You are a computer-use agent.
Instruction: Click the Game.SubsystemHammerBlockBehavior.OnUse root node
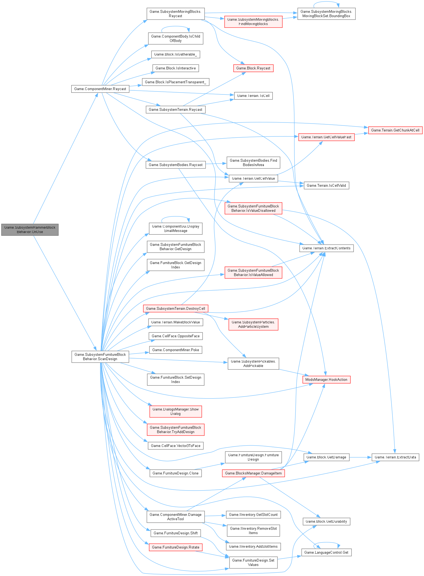[x=30, y=229]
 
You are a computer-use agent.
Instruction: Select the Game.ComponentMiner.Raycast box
[x=100, y=89]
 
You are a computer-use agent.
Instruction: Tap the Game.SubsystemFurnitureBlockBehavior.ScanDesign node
[x=100, y=357]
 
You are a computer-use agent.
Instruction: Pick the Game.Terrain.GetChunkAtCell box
[x=395, y=130]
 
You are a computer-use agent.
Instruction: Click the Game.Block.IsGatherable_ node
[x=175, y=54]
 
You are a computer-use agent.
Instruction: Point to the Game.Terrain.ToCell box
[x=253, y=96]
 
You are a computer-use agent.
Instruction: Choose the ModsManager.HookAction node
[x=326, y=380]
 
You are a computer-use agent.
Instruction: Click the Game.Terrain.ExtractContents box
[x=326, y=248]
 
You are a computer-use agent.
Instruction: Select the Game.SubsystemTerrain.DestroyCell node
[x=175, y=308]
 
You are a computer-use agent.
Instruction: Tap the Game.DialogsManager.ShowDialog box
[x=175, y=411]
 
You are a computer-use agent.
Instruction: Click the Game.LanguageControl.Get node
[x=326, y=552]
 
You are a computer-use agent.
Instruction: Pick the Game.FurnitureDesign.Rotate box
[x=175, y=547]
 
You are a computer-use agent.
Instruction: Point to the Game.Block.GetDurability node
[x=326, y=521]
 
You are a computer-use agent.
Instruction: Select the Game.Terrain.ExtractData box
[x=395, y=457]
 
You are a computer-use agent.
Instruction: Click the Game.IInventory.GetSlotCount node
[x=253, y=514]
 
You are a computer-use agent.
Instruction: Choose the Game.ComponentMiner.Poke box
[x=175, y=350]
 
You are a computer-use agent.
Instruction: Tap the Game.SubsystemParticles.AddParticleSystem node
[x=253, y=324]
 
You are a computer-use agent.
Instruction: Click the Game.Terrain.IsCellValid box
[x=326, y=186]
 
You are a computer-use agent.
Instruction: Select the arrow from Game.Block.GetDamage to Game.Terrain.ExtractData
[x=360, y=457]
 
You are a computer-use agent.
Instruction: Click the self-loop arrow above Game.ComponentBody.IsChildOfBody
[x=175, y=26]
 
